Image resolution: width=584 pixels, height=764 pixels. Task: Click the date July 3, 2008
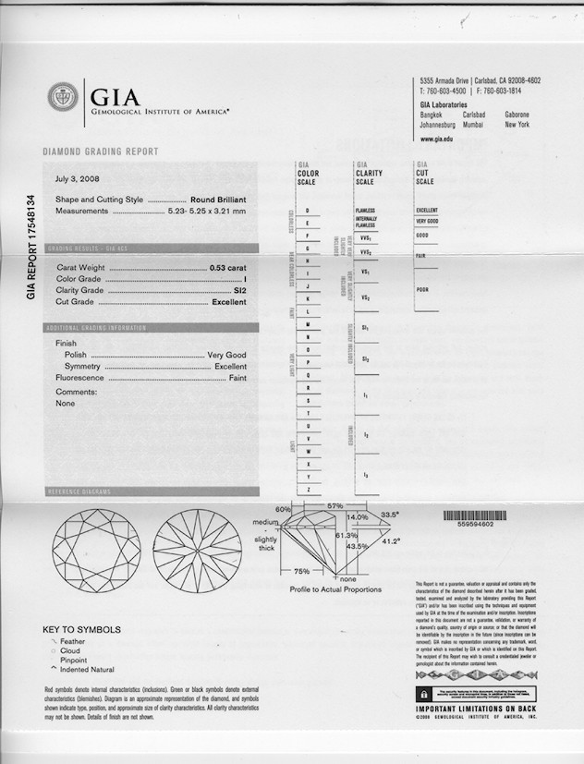pyautogui.click(x=77, y=179)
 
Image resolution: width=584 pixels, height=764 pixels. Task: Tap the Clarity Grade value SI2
pyautogui.click(x=239, y=290)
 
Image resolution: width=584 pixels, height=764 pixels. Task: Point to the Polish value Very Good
pyautogui.click(x=226, y=355)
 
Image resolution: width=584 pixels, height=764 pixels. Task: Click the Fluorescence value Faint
pyautogui.click(x=237, y=378)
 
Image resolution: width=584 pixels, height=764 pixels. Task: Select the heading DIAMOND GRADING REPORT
pyautogui.click(x=101, y=152)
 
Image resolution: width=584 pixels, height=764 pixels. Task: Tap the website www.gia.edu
pyautogui.click(x=436, y=139)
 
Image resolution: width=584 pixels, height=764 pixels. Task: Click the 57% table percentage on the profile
pyautogui.click(x=335, y=506)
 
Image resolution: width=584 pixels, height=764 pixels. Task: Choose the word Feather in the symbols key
pyautogui.click(x=76, y=640)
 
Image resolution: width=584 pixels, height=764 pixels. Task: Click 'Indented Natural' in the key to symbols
pyautogui.click(x=89, y=669)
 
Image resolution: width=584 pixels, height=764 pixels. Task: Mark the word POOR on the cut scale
pyautogui.click(x=423, y=289)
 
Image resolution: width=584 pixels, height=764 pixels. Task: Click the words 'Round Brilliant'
pyautogui.click(x=218, y=200)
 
